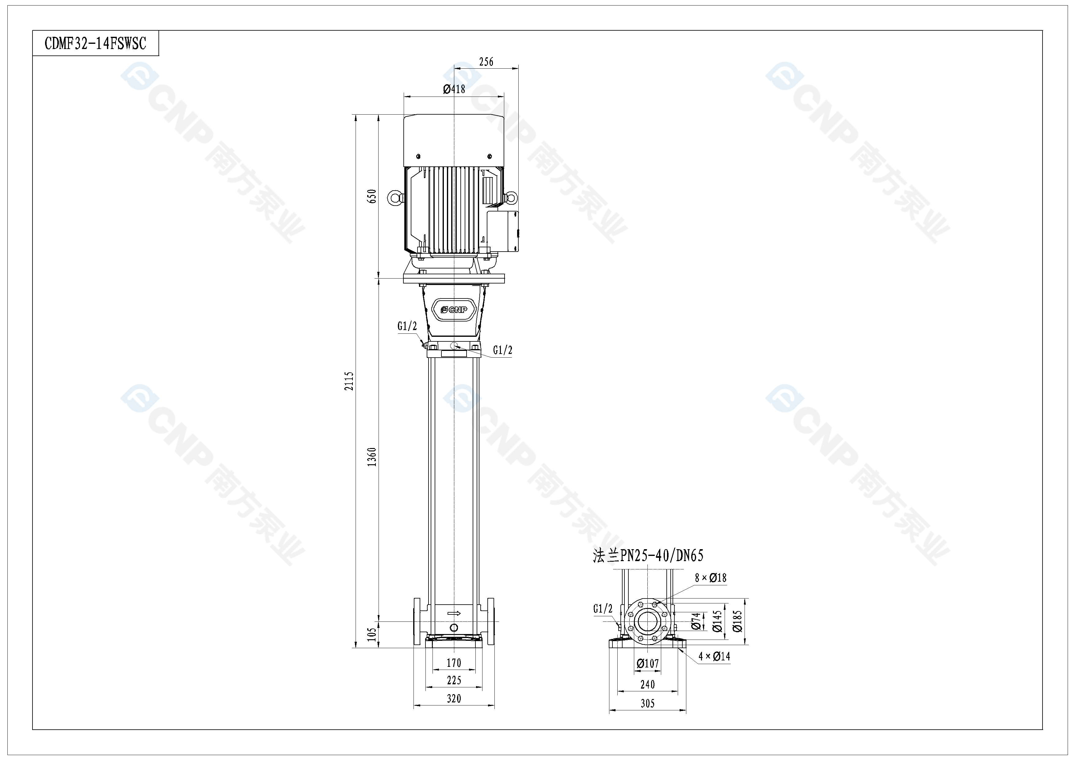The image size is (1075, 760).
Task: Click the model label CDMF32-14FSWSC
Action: (x=96, y=44)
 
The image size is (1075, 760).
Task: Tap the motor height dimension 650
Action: (x=372, y=196)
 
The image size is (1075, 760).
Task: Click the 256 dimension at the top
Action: (x=486, y=62)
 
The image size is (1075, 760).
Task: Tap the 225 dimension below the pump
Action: (x=454, y=680)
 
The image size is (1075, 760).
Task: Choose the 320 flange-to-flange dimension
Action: (x=454, y=699)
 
